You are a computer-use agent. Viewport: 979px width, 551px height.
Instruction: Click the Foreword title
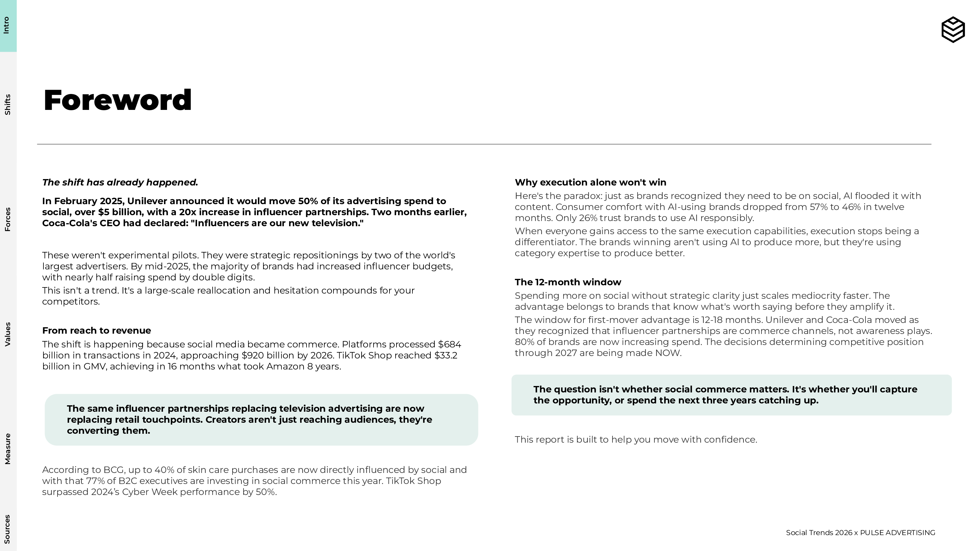point(117,100)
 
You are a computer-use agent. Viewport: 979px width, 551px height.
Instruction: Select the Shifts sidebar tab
point(8,105)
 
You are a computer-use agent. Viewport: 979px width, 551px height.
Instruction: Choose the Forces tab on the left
point(8,219)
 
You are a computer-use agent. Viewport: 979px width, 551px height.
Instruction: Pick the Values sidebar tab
point(8,334)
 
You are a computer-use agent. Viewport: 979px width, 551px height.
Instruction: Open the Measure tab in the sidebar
point(8,449)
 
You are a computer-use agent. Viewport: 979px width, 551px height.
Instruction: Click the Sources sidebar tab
point(8,529)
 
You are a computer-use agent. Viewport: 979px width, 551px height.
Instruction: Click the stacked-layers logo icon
point(953,29)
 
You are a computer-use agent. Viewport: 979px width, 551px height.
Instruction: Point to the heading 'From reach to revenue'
point(97,331)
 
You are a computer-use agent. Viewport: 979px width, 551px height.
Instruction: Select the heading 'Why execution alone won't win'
point(590,182)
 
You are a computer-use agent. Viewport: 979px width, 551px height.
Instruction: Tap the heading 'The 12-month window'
point(568,282)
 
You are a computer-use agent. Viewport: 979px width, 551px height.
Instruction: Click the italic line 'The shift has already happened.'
point(120,182)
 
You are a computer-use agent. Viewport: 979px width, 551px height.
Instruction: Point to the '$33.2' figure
point(446,355)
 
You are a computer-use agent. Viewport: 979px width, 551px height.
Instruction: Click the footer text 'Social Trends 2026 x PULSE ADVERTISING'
point(860,533)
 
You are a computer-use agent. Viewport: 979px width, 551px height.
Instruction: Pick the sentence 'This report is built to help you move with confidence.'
point(636,440)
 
